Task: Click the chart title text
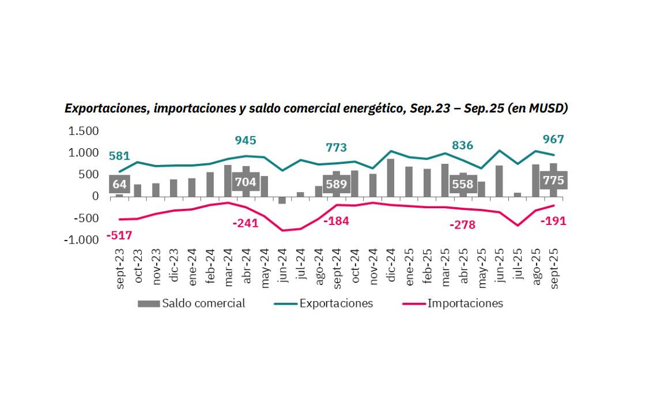316,108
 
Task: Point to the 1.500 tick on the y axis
84,131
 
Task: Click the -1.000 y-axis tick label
82,240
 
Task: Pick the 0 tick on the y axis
96,196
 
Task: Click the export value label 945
246,140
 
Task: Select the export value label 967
553,139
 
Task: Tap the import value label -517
119,235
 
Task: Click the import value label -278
463,225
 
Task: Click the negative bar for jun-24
282,200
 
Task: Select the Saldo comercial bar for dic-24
391,177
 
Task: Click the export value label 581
120,155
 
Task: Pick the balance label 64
119,185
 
